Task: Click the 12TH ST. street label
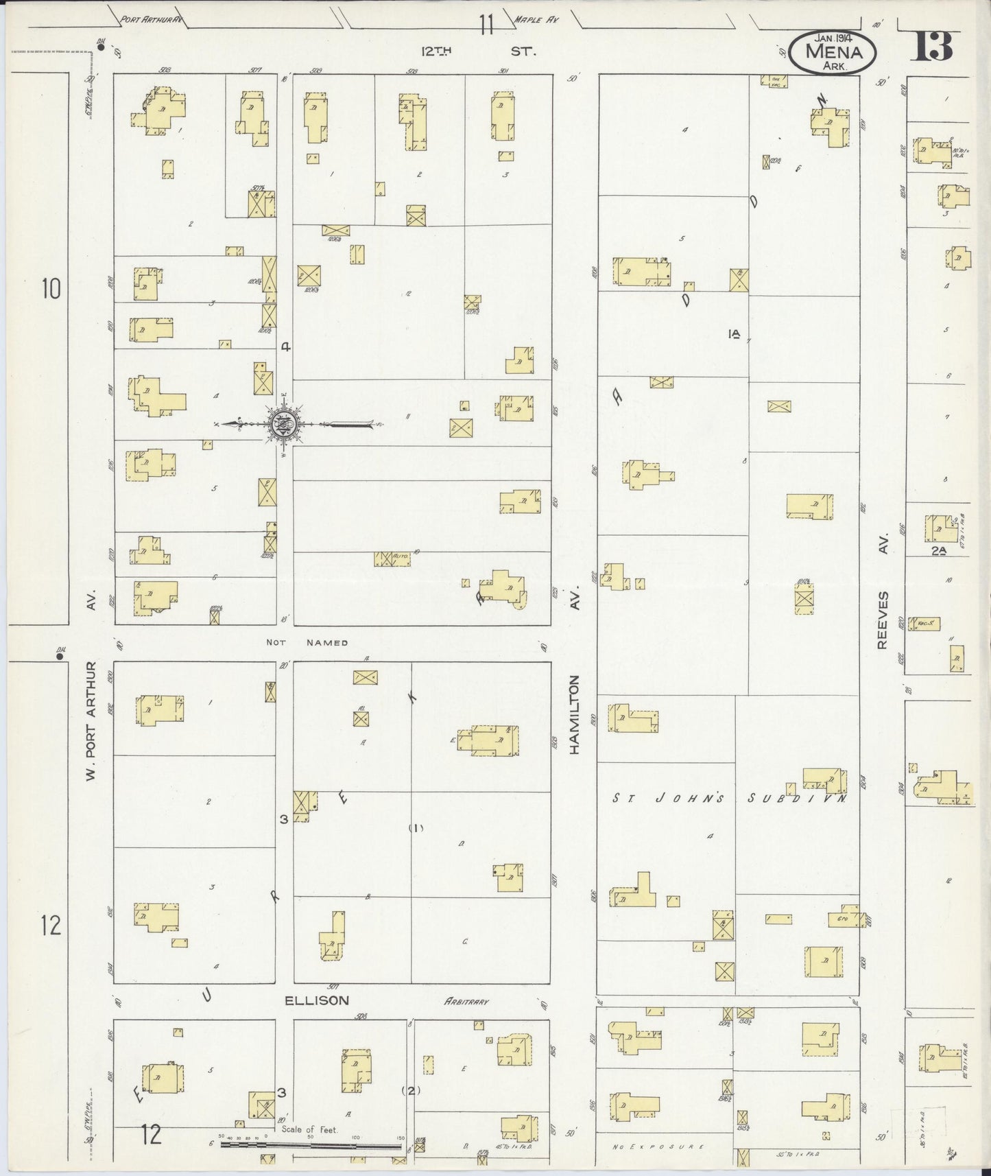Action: [x=477, y=51]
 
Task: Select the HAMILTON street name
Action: [x=575, y=714]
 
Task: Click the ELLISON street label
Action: [x=318, y=1000]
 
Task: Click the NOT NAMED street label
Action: [x=308, y=643]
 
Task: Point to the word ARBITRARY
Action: [x=466, y=1001]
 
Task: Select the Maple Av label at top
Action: [x=536, y=21]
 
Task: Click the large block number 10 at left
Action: [x=51, y=289]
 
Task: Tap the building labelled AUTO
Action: [x=392, y=559]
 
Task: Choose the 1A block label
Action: [x=735, y=335]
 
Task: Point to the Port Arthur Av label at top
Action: [x=152, y=20]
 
